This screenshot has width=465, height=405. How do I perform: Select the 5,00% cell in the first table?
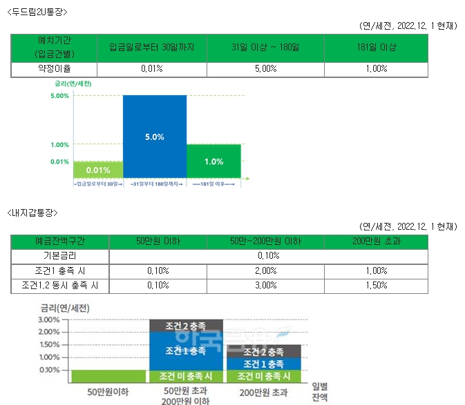coord(265,68)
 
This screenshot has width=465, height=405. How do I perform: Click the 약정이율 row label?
coord(55,68)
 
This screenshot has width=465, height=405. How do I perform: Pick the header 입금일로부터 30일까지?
coord(151,47)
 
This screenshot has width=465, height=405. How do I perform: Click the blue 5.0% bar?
coord(155,137)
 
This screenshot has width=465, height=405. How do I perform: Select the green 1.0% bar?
coord(213,161)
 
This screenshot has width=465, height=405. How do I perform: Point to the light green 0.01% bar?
coord(98,170)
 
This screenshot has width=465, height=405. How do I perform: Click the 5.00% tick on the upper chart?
coord(60,96)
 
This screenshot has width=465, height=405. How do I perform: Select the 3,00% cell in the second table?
coord(265,285)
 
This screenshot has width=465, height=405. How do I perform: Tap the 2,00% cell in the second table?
coord(265,270)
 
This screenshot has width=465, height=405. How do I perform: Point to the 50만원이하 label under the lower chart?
coord(107,392)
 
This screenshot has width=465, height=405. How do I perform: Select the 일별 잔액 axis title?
coord(321,391)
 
